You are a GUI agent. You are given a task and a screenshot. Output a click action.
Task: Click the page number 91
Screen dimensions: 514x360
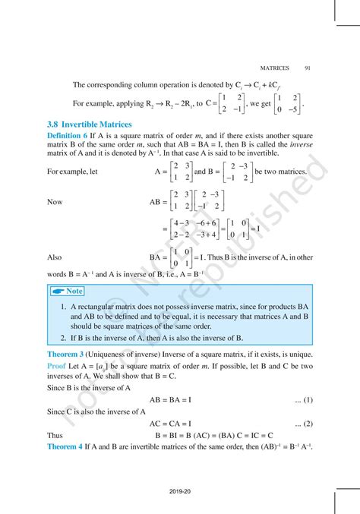tap(305, 68)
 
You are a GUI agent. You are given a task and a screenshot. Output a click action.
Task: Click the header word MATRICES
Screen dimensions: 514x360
tap(275, 68)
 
